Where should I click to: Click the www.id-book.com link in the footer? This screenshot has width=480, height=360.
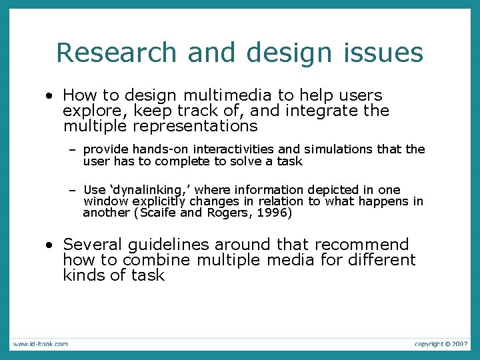pyautogui.click(x=40, y=344)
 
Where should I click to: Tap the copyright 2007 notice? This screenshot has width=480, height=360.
pyautogui.click(x=440, y=344)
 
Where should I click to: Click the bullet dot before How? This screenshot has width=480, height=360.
pyautogui.click(x=50, y=96)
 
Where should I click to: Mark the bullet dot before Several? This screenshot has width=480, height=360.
pyautogui.click(x=50, y=245)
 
